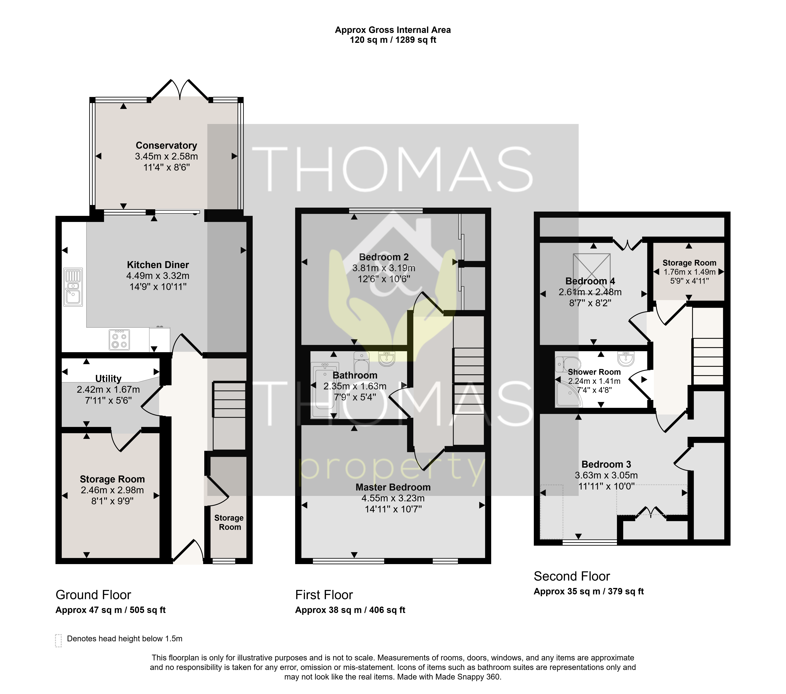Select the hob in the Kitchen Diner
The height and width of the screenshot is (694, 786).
click(x=119, y=340)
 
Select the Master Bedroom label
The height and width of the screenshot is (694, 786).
click(x=393, y=487)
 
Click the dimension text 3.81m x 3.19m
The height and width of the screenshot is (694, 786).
click(x=384, y=268)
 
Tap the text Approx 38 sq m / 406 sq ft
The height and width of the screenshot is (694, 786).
click(x=350, y=610)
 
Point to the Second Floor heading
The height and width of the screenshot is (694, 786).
click(x=572, y=576)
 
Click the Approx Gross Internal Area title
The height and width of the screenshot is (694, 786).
click(x=393, y=30)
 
